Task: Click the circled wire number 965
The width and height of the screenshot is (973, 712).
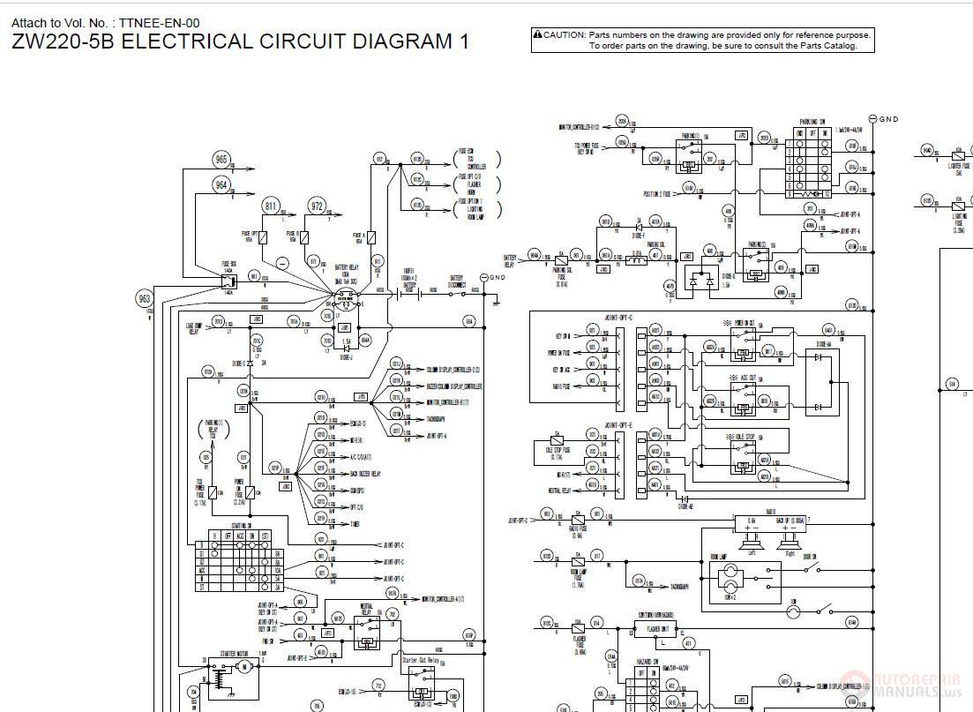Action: click(221, 160)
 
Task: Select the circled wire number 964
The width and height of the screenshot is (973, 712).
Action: click(221, 184)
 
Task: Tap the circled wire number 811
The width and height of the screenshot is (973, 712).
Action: click(271, 206)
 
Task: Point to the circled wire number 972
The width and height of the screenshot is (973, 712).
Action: click(317, 206)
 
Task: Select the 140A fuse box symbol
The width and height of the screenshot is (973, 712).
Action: click(228, 281)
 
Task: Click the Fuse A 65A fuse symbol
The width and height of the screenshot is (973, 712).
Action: click(370, 236)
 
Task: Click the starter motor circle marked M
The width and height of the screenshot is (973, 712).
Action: click(243, 665)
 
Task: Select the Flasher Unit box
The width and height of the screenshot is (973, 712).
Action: click(654, 629)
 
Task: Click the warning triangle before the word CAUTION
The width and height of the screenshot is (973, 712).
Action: click(537, 34)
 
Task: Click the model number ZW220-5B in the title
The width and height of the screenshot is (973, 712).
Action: click(63, 41)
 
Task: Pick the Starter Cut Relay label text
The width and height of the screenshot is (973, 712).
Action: click(423, 659)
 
